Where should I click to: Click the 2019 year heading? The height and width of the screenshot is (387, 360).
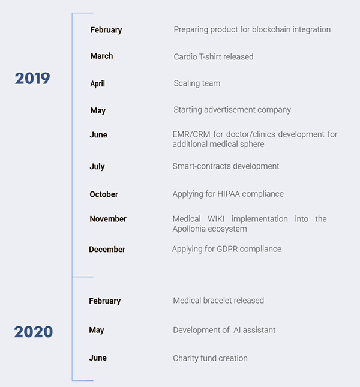tap(32, 78)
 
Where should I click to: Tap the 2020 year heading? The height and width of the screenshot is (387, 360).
tap(34, 331)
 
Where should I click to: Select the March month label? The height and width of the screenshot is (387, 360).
tap(101, 56)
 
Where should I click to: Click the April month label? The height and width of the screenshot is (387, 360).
tap(97, 83)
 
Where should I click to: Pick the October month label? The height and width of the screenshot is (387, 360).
tap(104, 194)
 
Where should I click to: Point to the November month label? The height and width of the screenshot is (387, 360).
tap(108, 219)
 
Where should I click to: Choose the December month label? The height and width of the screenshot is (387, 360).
tap(107, 249)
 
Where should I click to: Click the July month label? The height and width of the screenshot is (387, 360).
tap(97, 167)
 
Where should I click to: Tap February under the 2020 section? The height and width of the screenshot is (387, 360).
tap(105, 301)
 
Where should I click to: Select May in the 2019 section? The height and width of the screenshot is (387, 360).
tap(98, 110)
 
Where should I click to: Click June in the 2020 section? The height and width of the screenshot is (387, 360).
tap(98, 358)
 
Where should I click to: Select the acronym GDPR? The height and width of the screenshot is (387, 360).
tap(227, 249)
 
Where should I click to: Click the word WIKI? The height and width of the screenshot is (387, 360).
tap(216, 219)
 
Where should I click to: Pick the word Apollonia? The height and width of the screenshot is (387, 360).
tap(189, 229)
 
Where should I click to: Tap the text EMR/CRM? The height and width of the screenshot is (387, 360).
tap(191, 134)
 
